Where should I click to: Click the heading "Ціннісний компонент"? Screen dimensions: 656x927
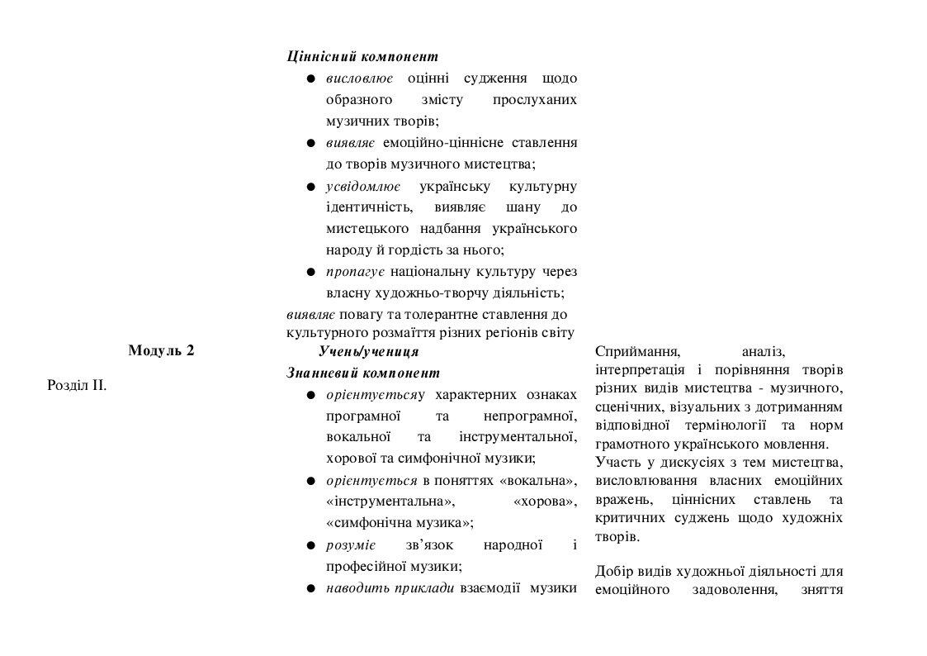tap(362, 57)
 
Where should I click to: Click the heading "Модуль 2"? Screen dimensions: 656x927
tap(161, 350)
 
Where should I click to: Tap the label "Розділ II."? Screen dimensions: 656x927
tap(77, 384)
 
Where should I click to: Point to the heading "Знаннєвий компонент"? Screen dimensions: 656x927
tap(363, 373)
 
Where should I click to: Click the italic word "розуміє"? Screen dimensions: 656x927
tap(351, 544)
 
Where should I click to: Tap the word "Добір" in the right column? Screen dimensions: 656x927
tap(613, 572)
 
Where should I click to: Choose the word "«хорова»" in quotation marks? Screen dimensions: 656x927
tap(545, 502)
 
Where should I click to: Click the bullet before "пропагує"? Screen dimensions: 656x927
tap(310, 272)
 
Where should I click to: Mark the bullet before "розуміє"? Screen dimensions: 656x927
tap(310, 545)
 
